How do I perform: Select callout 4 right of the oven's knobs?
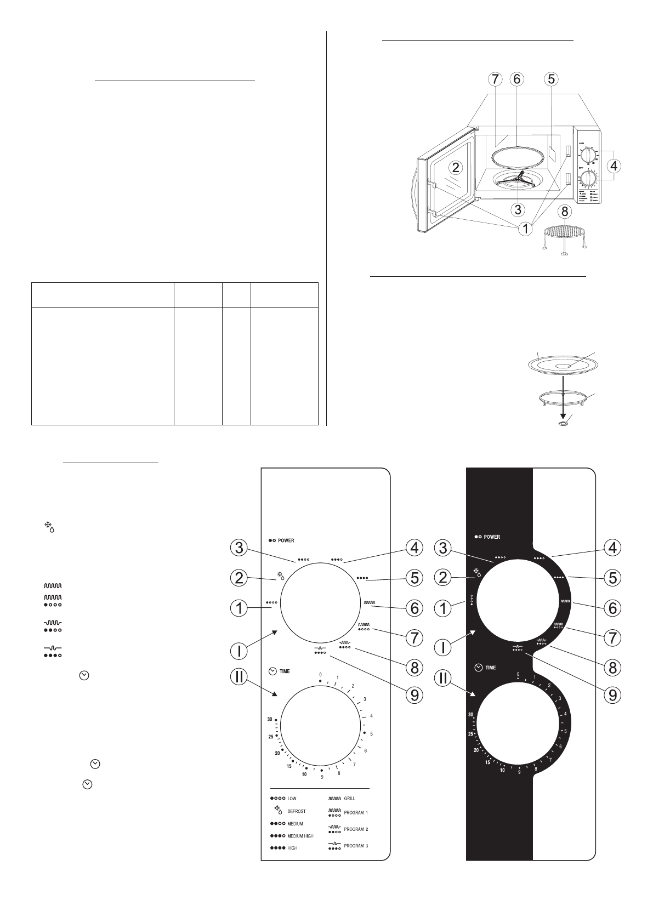point(615,165)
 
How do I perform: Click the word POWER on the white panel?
point(286,540)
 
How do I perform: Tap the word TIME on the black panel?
point(490,668)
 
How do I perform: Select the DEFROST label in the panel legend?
point(296,811)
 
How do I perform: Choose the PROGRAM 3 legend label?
point(356,846)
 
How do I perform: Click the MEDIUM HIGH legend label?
point(300,836)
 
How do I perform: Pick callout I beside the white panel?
point(238,651)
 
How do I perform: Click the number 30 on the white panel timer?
point(270,719)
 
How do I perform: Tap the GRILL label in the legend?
point(349,799)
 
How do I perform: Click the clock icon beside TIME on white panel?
point(272,671)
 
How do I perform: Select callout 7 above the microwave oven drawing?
point(495,79)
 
